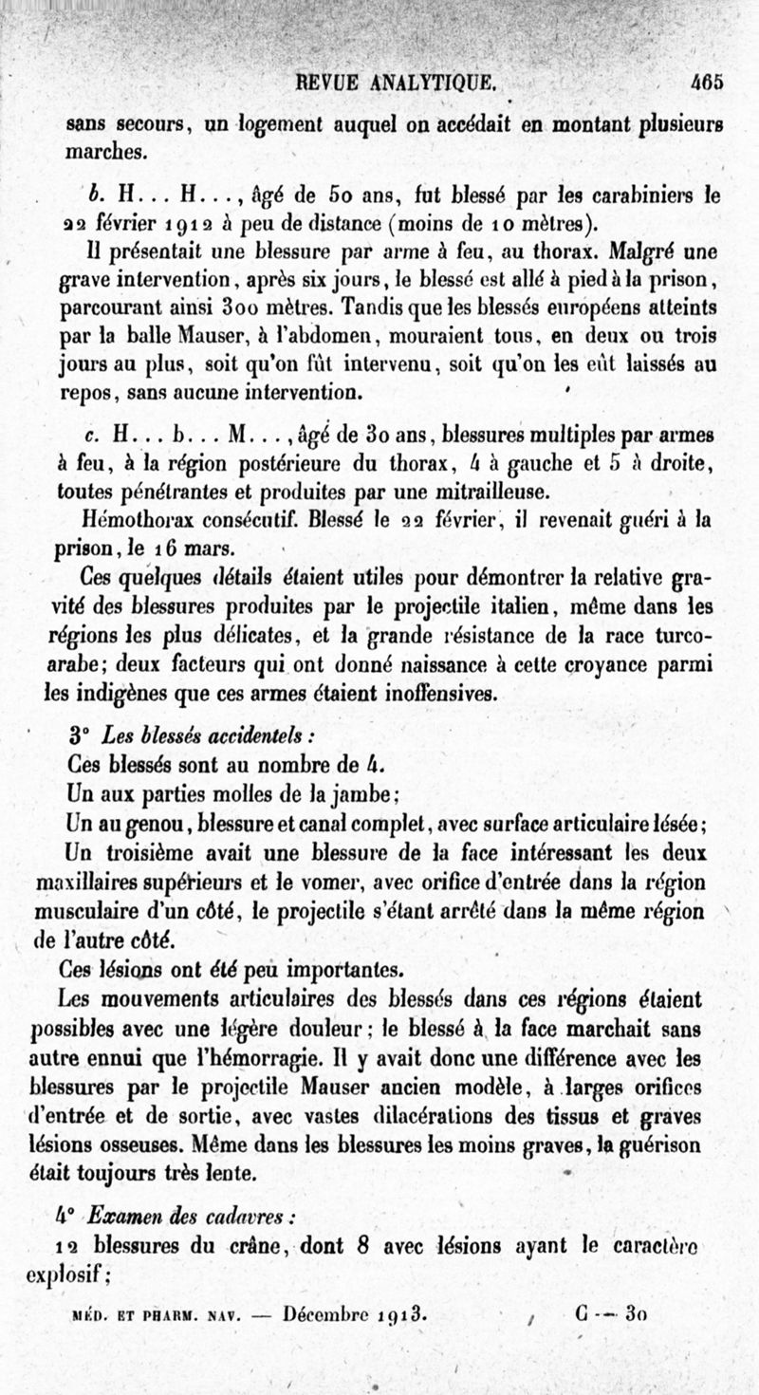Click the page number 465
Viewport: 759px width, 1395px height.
pos(707,82)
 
